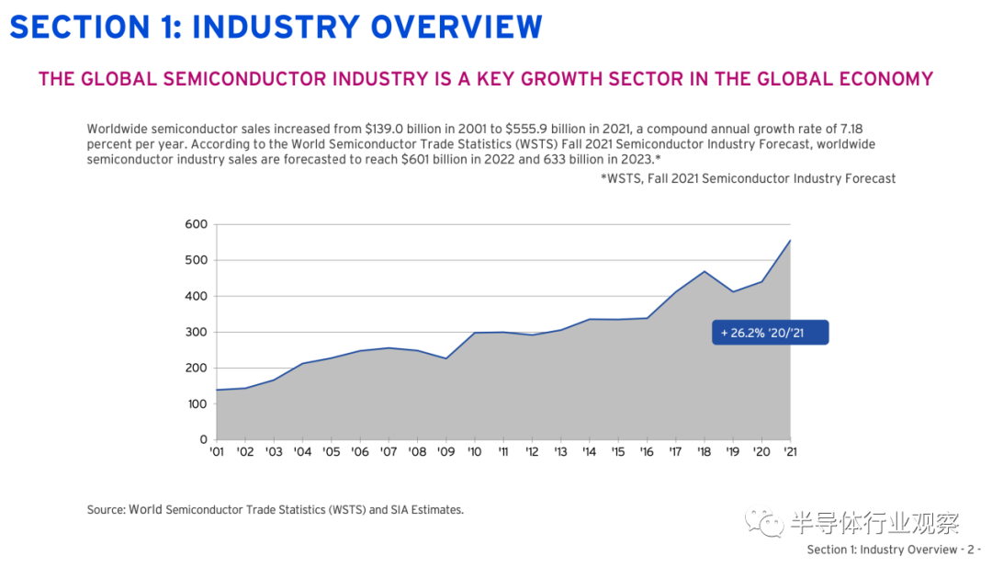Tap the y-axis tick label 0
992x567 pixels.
tap(203, 439)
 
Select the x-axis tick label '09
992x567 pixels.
tap(445, 452)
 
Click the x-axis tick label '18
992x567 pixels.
tap(704, 452)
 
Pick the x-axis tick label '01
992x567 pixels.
tap(217, 452)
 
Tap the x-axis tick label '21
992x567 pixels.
tap(789, 452)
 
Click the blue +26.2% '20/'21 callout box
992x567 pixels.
tap(771, 332)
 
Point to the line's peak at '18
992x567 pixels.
tap(705, 271)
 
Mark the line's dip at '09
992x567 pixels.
tap(445, 358)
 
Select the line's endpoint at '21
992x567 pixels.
tap(790, 241)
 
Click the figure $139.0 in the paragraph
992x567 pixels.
tap(384, 129)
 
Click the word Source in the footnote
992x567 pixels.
tap(106, 509)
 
